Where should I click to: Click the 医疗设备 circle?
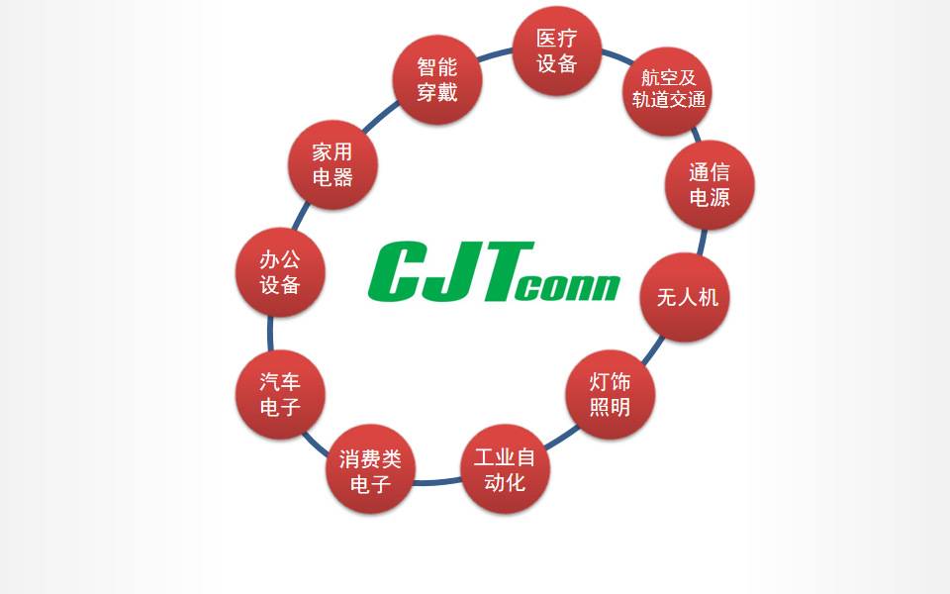pos(557,50)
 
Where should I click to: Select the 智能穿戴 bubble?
pos(436,79)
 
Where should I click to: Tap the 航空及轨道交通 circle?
pos(668,91)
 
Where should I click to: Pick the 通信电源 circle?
pos(710,185)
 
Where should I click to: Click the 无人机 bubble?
pos(685,297)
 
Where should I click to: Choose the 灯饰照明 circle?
pos(611,394)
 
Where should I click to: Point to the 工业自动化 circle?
pos(505,468)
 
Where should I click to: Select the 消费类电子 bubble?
pos(370,468)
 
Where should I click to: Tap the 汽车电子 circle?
pos(280,394)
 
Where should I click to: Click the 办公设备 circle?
pos(280,272)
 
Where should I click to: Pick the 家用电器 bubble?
pos(332,164)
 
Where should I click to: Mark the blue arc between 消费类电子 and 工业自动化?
pos(437,482)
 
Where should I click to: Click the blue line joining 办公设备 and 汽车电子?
pos(270,334)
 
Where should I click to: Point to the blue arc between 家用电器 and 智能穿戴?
pos(380,117)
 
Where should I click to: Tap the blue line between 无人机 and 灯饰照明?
pos(653,350)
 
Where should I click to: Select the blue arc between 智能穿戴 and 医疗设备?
pos(495,54)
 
